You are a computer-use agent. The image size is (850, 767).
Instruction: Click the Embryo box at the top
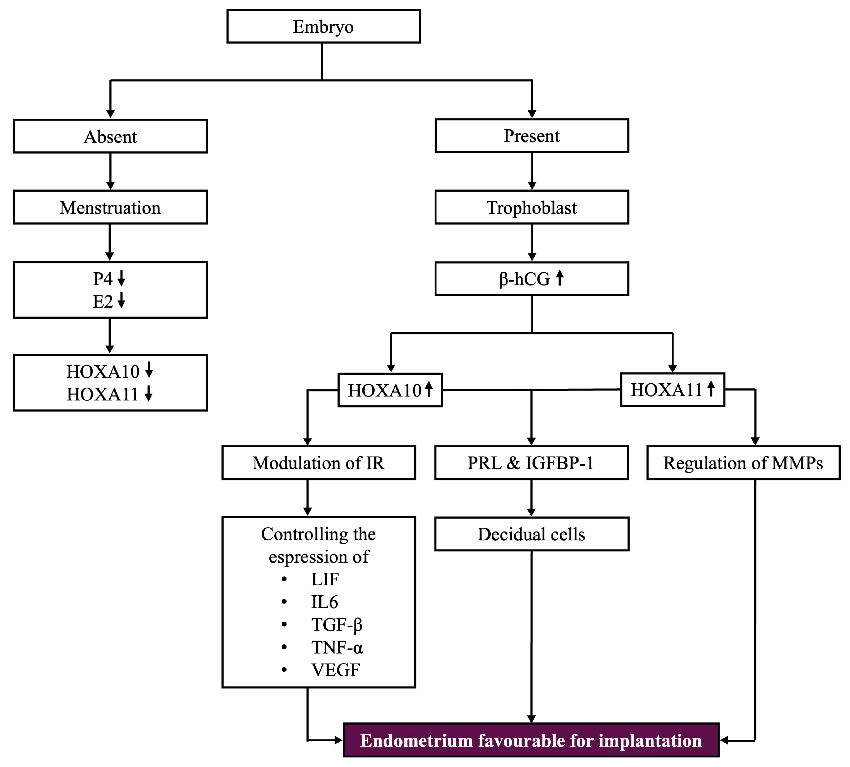323,26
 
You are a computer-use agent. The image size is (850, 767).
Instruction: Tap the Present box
532,136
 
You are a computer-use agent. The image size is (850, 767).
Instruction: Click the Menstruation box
110,207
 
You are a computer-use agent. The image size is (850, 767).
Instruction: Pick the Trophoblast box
532,207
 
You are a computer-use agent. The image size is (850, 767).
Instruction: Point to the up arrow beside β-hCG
560,278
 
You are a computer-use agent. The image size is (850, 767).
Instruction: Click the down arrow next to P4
121,278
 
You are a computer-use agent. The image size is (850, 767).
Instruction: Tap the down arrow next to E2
121,301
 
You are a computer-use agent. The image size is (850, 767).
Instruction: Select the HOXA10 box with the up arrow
390,390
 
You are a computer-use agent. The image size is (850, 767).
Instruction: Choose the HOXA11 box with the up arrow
672,390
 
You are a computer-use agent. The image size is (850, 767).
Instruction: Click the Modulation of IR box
318,463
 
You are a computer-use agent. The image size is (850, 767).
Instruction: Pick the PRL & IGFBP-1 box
531,463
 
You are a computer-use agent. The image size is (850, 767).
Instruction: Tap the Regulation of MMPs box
743,463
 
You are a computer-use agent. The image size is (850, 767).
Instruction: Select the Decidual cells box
531,534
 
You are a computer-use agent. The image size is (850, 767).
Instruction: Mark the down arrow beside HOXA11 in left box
149,394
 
